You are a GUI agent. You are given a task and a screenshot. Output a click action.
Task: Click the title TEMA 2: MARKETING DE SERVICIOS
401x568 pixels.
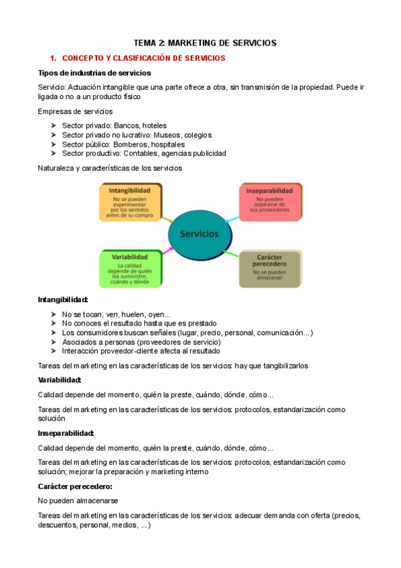(x=205, y=43)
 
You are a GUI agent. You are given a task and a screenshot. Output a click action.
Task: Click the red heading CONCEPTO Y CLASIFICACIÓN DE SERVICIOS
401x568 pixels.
(x=143, y=58)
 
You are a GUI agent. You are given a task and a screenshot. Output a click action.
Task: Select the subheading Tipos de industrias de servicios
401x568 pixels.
(x=94, y=73)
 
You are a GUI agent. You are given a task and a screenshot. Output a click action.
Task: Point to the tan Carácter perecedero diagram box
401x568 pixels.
(x=270, y=269)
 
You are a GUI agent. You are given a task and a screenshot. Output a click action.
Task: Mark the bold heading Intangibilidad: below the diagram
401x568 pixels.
(x=63, y=300)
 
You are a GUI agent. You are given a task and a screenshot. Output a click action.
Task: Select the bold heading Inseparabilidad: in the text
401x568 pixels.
(x=66, y=433)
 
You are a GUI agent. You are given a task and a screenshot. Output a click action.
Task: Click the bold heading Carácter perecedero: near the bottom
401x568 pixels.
(x=75, y=486)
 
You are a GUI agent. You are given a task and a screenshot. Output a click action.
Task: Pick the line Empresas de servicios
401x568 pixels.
(x=75, y=111)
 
